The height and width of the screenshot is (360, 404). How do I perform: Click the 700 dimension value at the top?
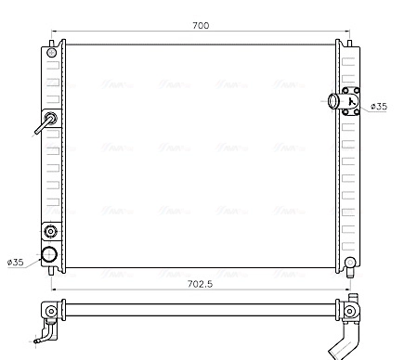point(200,25)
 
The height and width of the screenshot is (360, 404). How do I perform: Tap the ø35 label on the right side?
point(378,108)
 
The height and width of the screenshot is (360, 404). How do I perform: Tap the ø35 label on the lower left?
point(16,263)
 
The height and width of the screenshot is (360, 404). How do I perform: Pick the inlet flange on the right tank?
point(351,102)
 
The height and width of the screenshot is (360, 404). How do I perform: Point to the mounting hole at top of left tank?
point(52,50)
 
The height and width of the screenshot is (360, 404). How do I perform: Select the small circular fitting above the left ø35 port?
point(50,232)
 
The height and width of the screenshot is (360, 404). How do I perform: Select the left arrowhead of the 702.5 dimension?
point(55,291)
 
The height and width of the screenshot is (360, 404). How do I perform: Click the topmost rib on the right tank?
point(348,58)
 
